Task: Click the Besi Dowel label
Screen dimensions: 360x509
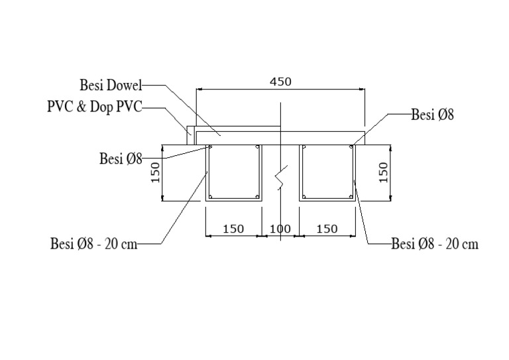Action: pyautogui.click(x=111, y=85)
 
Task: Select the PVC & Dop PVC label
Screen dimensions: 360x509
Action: pyautogui.click(x=94, y=107)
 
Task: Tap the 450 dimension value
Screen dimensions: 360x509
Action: pyautogui.click(x=281, y=82)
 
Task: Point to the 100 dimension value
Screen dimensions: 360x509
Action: pyautogui.click(x=280, y=229)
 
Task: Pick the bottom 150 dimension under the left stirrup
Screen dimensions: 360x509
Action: pyautogui.click(x=233, y=229)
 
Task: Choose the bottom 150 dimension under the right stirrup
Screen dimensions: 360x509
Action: pyautogui.click(x=327, y=229)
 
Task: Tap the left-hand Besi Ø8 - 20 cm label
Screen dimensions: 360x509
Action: pyautogui.click(x=94, y=244)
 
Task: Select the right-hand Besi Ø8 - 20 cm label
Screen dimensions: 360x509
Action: pyautogui.click(x=435, y=244)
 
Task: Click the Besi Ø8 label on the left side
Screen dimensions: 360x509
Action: pyautogui.click(x=121, y=158)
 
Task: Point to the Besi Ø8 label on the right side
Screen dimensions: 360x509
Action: pyautogui.click(x=433, y=115)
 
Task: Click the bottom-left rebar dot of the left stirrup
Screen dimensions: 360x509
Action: pyautogui.click(x=211, y=196)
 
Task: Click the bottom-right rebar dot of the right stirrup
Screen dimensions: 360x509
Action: pyautogui.click(x=350, y=196)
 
